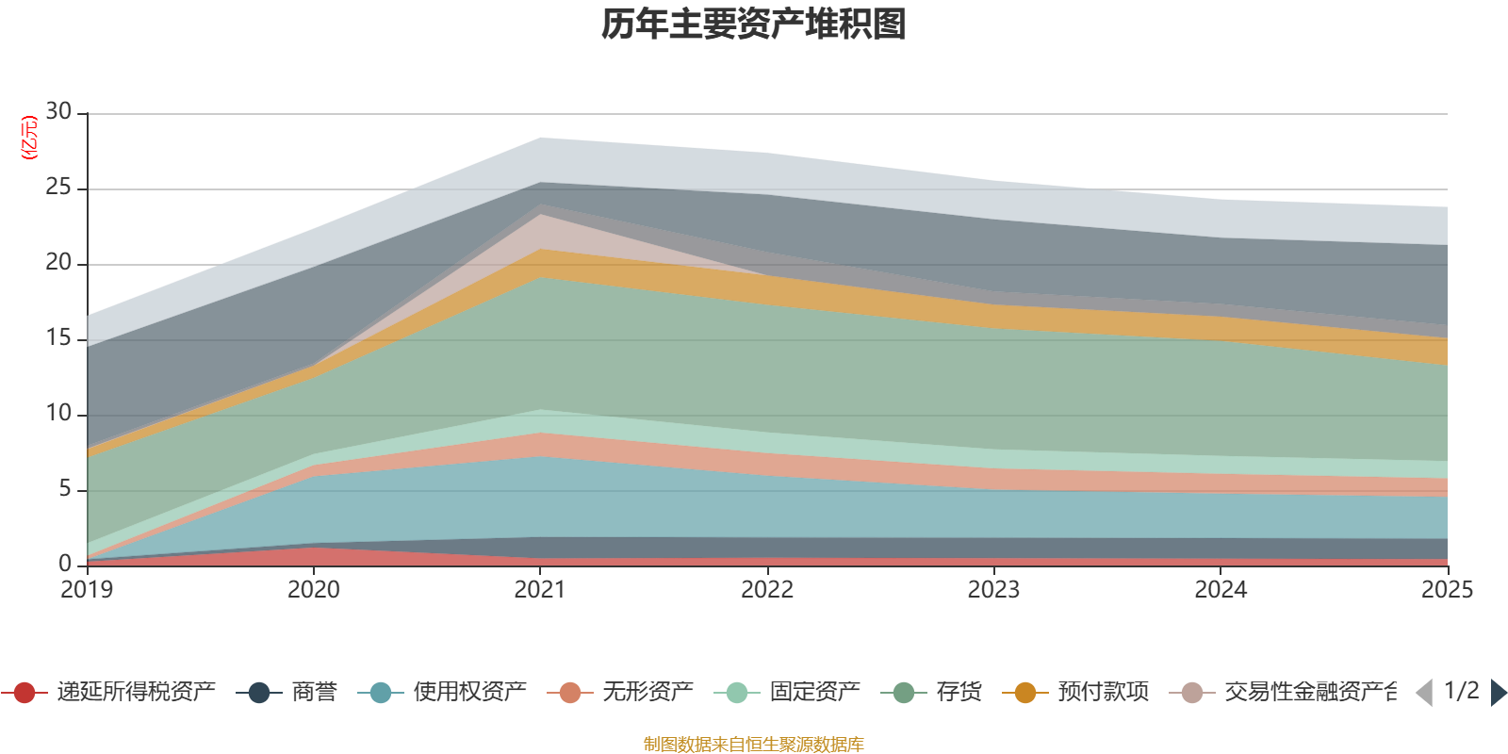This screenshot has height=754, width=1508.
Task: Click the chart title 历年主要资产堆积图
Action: point(754,25)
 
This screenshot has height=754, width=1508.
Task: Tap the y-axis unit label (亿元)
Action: point(29,138)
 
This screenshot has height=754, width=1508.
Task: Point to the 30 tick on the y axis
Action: point(58,112)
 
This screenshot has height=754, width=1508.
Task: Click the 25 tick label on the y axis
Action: point(58,188)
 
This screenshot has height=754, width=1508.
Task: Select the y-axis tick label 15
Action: point(58,338)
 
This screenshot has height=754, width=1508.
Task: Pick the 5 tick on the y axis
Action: point(64,489)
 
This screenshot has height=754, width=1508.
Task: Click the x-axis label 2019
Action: point(87,590)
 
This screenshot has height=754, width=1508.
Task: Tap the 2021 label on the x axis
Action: point(540,590)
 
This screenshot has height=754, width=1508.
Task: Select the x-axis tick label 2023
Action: point(993,590)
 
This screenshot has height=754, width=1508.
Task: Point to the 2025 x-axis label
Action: point(1446,590)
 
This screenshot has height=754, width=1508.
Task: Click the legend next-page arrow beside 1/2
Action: point(1498,693)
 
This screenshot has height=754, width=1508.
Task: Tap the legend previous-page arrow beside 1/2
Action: point(1424,693)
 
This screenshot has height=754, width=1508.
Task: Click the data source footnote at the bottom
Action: point(754,745)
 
